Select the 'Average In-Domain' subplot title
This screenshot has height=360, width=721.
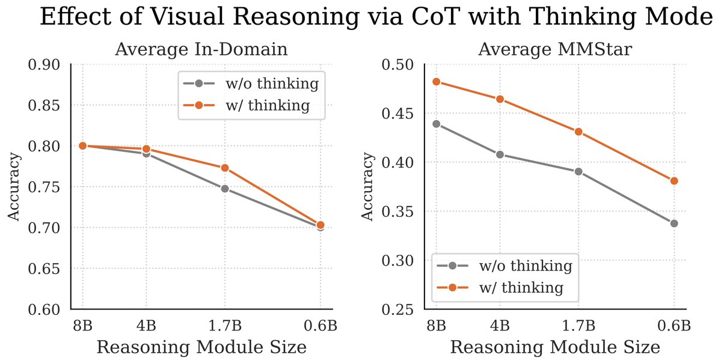(x=201, y=50)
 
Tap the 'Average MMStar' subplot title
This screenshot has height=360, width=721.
(x=554, y=50)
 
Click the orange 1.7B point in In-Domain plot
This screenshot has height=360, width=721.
(x=225, y=168)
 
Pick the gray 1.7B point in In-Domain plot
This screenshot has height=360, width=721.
(x=225, y=188)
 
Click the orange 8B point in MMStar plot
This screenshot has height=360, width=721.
(x=437, y=82)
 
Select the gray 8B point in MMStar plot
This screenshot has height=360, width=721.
(x=437, y=124)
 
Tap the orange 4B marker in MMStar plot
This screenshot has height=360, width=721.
(x=500, y=99)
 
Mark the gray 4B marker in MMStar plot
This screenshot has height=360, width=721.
(x=500, y=154)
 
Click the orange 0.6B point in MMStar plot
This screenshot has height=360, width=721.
(x=674, y=181)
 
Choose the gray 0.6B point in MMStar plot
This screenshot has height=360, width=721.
(x=674, y=224)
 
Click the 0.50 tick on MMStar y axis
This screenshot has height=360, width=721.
(x=399, y=64)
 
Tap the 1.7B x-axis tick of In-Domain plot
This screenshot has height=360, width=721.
(x=225, y=326)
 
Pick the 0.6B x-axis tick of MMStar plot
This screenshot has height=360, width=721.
(x=674, y=326)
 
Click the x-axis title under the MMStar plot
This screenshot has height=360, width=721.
(x=555, y=347)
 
